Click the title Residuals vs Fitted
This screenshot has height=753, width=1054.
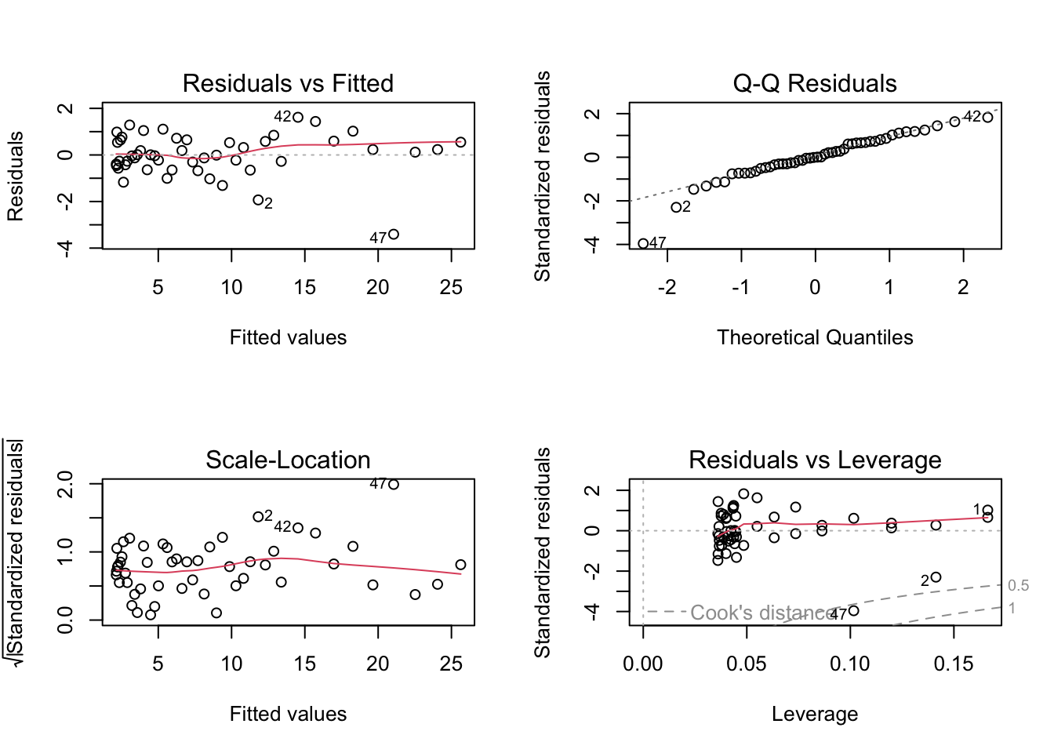[288, 83]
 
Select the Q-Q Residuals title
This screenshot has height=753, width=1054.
[815, 83]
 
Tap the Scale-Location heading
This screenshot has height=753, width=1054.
[288, 460]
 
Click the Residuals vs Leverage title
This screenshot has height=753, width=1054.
[815, 460]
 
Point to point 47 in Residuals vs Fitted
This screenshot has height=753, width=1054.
[394, 235]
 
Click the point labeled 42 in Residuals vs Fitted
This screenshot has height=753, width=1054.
[298, 117]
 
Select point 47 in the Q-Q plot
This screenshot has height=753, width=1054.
[643, 244]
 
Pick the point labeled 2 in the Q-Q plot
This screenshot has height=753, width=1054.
[676, 207]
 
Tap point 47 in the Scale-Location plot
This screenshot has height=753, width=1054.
[394, 484]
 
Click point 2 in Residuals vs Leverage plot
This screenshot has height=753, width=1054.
[936, 577]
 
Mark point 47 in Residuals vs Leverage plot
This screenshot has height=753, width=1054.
[854, 610]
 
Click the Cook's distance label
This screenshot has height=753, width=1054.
[762, 613]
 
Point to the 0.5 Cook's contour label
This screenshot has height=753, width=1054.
[1018, 586]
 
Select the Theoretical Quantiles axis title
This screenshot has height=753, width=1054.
[815, 337]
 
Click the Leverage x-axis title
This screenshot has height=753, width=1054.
[815, 714]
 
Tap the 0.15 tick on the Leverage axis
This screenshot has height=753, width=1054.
[954, 664]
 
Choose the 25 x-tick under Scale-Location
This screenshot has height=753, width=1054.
[451, 664]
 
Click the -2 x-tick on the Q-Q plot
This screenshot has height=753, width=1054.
[667, 288]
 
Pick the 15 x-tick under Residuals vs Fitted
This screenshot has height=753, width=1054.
[305, 288]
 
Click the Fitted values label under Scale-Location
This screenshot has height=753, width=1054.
[288, 714]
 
